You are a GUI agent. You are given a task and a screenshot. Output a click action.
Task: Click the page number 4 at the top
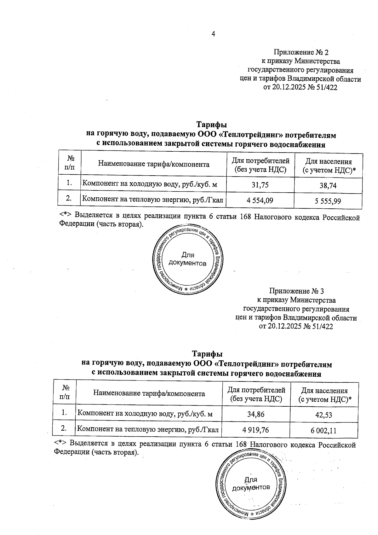213,34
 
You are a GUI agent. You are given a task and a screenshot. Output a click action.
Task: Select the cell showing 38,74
328,186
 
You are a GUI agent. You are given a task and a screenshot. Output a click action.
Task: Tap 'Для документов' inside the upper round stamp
187,259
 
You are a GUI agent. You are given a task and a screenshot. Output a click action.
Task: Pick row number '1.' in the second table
64,412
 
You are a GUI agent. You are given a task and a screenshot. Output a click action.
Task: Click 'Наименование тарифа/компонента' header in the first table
154,164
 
